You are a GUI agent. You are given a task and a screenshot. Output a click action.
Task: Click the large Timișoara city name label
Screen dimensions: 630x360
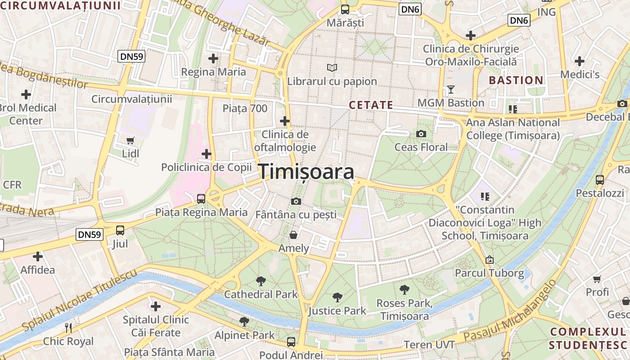(x=306, y=172)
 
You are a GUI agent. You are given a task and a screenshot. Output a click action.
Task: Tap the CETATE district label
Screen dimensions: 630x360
(x=371, y=105)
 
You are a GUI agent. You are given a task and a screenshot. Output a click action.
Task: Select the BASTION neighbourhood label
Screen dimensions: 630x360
(x=516, y=81)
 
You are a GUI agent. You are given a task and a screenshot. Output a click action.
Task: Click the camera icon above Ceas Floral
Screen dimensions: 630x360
(x=421, y=134)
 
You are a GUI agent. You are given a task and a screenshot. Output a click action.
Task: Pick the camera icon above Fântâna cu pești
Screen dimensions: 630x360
(x=296, y=201)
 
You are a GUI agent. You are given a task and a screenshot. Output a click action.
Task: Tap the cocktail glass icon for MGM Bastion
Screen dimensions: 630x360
(x=450, y=90)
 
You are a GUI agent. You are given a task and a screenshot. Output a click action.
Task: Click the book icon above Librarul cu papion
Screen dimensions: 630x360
(x=332, y=68)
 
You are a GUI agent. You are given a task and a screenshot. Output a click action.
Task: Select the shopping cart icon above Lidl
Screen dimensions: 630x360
(x=130, y=140)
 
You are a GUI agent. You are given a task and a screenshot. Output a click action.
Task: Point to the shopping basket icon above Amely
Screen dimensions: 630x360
(x=293, y=235)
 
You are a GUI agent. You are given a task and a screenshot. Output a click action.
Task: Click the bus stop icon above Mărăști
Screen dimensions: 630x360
(x=345, y=9)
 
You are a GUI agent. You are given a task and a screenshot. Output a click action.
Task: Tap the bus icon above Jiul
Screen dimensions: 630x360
(x=120, y=230)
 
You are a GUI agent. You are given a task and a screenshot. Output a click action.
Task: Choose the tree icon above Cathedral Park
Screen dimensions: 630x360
(x=261, y=281)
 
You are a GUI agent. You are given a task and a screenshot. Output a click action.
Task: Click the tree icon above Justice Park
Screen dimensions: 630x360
(x=337, y=297)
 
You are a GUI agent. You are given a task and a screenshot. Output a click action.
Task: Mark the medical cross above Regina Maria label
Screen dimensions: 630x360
(x=213, y=58)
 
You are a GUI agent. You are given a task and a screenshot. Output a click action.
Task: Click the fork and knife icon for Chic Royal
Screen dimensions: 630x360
(x=68, y=328)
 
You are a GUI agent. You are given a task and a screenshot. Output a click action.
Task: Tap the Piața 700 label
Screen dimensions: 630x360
(x=245, y=108)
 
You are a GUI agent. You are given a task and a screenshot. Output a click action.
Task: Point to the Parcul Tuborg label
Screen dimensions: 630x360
(x=489, y=273)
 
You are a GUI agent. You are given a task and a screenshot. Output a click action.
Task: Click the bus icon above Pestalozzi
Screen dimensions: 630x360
(x=600, y=180)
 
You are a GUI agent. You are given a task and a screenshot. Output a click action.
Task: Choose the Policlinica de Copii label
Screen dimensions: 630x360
(x=206, y=167)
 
